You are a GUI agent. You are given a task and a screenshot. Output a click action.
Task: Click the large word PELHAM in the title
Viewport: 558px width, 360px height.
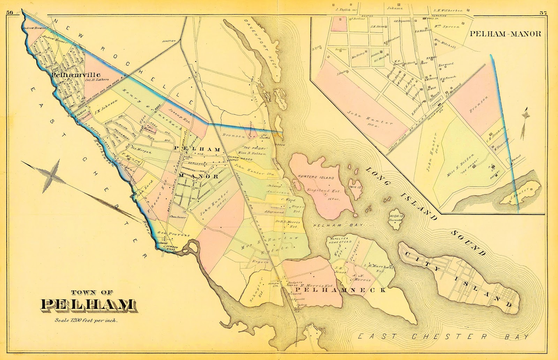pyautogui.click(x=88, y=305)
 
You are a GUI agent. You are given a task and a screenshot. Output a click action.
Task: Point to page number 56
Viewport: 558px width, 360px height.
pyautogui.click(x=9, y=13)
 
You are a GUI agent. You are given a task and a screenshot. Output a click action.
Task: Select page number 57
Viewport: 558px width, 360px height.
pyautogui.click(x=543, y=13)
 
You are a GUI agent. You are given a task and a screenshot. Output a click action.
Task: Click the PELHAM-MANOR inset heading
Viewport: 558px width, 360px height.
pyautogui.click(x=505, y=34)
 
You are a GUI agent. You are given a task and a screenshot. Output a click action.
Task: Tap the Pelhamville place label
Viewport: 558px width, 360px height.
pyautogui.click(x=76, y=75)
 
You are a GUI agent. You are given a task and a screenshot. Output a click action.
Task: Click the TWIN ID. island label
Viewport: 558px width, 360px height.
pyautogui.click(x=356, y=186)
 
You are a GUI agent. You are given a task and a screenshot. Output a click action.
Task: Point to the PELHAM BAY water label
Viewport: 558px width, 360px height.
pyautogui.click(x=338, y=225)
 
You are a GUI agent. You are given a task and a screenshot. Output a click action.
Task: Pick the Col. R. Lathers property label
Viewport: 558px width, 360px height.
pyautogui.click(x=97, y=79)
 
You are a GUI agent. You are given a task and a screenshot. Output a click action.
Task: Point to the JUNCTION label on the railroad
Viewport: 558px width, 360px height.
pyautogui.click(x=169, y=41)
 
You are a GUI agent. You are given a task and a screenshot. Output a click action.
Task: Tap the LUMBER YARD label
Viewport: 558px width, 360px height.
pyautogui.click(x=172, y=248)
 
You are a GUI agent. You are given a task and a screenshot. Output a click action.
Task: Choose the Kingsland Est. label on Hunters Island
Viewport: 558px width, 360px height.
pyautogui.click(x=318, y=191)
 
